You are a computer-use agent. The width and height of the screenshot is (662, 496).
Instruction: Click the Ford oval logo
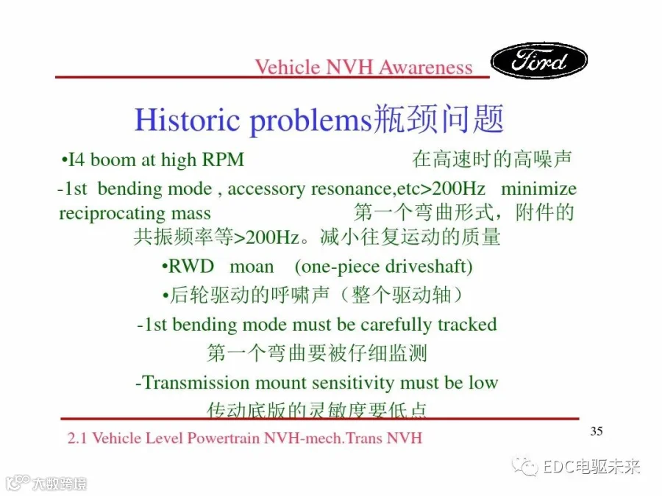[538, 60]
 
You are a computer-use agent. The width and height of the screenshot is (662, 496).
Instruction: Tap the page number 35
[596, 431]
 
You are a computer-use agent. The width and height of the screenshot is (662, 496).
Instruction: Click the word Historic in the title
[187, 120]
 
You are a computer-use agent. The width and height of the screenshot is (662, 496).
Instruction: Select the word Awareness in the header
[426, 68]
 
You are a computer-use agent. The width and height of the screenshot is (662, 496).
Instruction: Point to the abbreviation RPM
[223, 160]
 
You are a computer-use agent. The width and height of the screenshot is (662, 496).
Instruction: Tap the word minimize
[538, 188]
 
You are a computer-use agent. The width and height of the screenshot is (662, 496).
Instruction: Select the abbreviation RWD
[191, 267]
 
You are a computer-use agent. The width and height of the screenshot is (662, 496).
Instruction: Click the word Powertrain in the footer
[224, 438]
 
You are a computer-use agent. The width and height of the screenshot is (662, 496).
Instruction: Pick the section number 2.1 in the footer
[76, 438]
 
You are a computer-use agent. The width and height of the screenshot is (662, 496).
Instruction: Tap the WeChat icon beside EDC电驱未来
[524, 466]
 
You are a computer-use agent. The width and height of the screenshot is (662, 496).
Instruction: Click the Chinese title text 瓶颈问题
[439, 119]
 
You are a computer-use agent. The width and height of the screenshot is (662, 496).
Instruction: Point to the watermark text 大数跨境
[60, 484]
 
